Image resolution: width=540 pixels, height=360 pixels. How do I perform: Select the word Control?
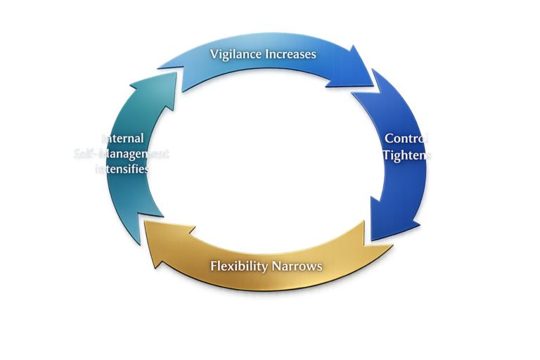[x=407, y=138]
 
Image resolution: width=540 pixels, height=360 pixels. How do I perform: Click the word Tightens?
[x=407, y=155]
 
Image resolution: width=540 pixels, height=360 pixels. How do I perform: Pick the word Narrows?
[x=299, y=266]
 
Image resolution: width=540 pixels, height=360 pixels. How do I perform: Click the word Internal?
[x=124, y=138]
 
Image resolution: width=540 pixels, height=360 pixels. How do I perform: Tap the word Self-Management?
[x=122, y=153]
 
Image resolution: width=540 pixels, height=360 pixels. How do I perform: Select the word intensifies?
[x=124, y=169]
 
